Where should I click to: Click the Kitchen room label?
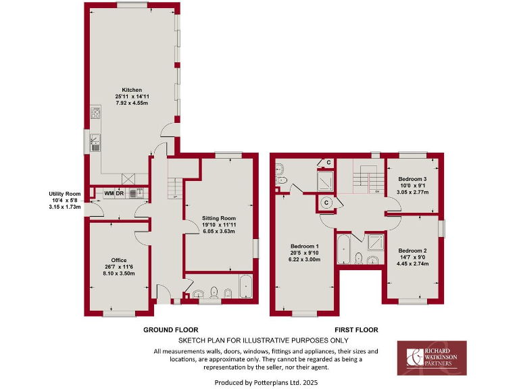coord(132,90)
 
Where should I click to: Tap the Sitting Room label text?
coord(219,218)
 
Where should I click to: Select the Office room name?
coord(120,260)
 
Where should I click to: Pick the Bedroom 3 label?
coord(412,178)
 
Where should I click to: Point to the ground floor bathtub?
coord(245,286)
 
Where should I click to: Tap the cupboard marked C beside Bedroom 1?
coord(326,201)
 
